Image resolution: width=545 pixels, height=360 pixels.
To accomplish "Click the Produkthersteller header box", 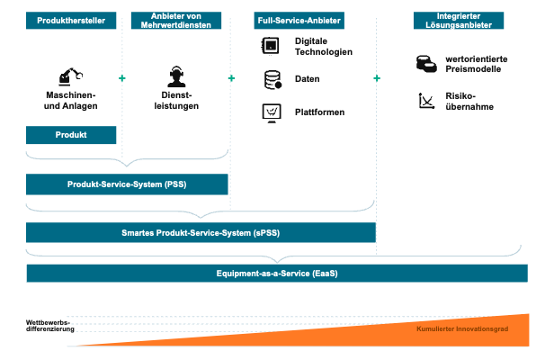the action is (x=71, y=21).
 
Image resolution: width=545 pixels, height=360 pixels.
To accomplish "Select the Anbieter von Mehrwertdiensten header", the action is (x=176, y=21).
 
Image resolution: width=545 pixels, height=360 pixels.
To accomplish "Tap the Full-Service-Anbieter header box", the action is (x=299, y=21).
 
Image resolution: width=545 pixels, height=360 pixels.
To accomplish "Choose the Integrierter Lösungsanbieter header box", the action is (x=459, y=21).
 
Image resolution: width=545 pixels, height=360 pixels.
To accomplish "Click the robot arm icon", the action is (x=70, y=76).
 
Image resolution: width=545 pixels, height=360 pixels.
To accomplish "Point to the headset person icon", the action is (x=176, y=76).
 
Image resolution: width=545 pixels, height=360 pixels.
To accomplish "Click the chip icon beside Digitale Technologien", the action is (x=271, y=46).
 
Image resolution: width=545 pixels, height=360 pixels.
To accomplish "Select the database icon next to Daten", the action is (x=272, y=80).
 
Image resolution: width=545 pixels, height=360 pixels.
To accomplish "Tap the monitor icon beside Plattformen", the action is (x=272, y=113).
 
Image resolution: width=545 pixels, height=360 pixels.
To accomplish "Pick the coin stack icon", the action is (x=426, y=64).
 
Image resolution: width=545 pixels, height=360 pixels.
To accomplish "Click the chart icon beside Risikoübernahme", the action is (x=426, y=101).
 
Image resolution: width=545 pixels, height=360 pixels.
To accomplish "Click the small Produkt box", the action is (x=71, y=135).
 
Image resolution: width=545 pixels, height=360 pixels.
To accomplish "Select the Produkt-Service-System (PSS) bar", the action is (x=127, y=184).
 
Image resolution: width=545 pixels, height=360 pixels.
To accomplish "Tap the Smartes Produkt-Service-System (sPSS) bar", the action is (x=201, y=233).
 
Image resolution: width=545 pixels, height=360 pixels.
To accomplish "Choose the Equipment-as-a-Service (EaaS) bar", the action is (x=277, y=274).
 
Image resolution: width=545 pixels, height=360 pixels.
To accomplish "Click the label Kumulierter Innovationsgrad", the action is (x=462, y=328).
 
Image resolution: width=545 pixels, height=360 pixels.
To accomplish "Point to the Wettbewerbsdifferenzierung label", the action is (x=50, y=326).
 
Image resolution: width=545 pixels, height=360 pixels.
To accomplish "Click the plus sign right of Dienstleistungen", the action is (x=231, y=78).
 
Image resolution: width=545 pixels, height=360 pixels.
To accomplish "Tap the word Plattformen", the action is (x=320, y=112).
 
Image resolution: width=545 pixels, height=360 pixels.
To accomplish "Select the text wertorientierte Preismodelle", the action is (x=477, y=64).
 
